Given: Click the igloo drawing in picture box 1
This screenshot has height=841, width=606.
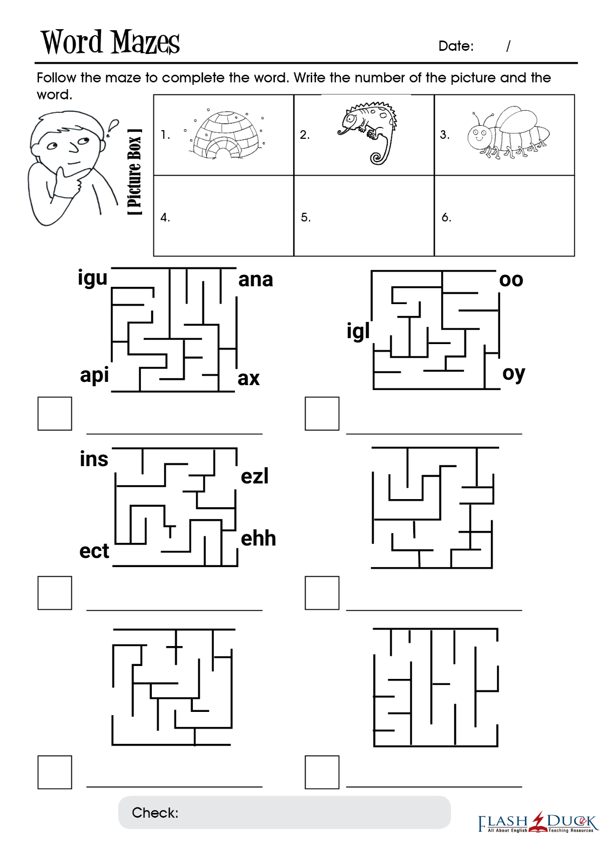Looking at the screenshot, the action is click(x=225, y=134).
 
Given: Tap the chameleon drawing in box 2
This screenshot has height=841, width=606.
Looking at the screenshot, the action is click(x=367, y=133).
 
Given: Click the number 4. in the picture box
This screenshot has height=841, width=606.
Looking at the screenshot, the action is click(x=165, y=217).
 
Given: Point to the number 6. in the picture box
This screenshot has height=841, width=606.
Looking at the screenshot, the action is click(x=446, y=217).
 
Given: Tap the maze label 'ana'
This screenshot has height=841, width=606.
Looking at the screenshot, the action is click(x=255, y=280).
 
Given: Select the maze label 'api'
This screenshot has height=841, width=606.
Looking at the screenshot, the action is click(x=94, y=375).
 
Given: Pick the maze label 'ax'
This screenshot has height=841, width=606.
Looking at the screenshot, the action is click(x=248, y=379).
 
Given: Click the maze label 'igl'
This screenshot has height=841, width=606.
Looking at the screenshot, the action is click(x=358, y=331).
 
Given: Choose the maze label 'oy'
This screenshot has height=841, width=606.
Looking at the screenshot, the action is click(x=514, y=374).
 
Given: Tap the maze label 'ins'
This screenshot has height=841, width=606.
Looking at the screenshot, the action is click(x=94, y=459).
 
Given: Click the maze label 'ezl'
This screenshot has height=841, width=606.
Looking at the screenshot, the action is click(x=254, y=476).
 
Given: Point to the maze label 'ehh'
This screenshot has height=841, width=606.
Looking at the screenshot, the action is click(x=258, y=539).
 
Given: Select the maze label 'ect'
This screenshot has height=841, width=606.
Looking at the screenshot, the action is click(x=94, y=551).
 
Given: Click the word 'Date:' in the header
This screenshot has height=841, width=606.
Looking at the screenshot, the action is click(x=456, y=46).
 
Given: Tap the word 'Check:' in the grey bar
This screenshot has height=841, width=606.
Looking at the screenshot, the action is click(x=155, y=813).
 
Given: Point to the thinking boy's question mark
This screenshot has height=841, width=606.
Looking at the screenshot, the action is click(x=112, y=127).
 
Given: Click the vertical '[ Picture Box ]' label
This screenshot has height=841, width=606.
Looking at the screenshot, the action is click(x=135, y=172).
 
